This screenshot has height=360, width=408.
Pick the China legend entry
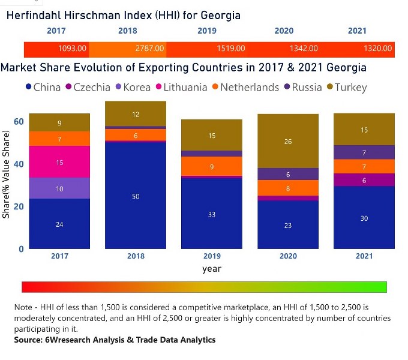point(43,88)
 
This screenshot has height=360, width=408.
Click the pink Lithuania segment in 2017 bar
point(59,162)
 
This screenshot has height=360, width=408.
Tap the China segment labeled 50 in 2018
point(136,197)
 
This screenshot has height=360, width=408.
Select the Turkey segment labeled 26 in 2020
point(288,142)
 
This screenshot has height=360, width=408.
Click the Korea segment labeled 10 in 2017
point(59,188)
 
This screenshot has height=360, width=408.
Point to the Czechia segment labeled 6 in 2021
point(364,180)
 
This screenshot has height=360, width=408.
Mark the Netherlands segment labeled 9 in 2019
point(212,166)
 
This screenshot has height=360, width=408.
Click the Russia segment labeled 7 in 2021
point(364,152)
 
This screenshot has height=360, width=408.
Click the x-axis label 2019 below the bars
point(212,256)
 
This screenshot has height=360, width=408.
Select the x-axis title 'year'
point(212,269)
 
